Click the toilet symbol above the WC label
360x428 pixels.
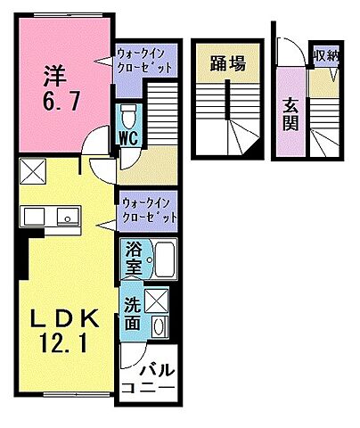tap(128, 116)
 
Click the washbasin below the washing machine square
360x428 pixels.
tap(159, 328)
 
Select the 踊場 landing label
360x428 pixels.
tap(227, 63)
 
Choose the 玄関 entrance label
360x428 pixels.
tap(291, 113)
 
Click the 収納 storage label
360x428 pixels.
tap(325, 57)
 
